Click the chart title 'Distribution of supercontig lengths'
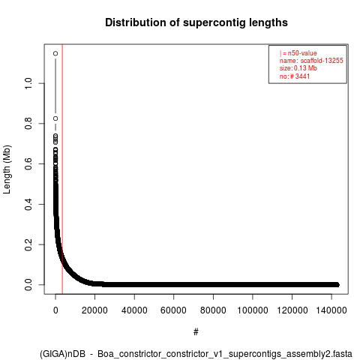(196, 22)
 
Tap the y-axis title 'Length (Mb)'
(7, 169)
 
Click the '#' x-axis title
(196, 332)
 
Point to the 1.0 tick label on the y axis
(28, 83)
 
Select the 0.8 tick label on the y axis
(28, 124)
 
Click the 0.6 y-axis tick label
(28, 163)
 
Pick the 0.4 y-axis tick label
(28, 204)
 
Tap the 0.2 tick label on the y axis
(28, 244)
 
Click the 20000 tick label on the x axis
(94, 310)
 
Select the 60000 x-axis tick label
(173, 310)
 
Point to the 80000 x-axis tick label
(213, 310)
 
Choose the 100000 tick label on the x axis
(253, 310)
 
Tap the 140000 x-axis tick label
(331, 310)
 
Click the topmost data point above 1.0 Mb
(55, 53)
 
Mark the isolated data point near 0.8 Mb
(55, 118)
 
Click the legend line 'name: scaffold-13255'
(311, 61)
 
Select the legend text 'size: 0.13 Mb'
(298, 68)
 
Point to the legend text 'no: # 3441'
(295, 76)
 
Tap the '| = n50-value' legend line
(298, 53)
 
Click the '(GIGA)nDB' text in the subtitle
(62, 354)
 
